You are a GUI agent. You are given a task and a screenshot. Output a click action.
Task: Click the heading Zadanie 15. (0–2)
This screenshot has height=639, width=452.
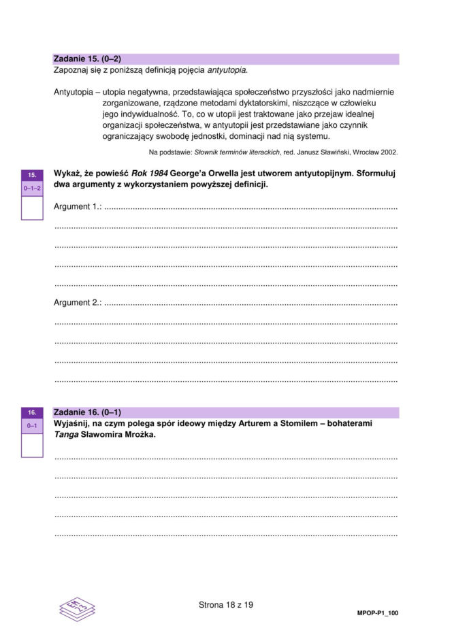click(87, 59)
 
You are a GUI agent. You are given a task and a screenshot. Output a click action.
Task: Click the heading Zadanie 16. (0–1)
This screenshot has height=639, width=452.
click(87, 412)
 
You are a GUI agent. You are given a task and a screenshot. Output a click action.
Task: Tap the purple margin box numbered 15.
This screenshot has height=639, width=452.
click(32, 175)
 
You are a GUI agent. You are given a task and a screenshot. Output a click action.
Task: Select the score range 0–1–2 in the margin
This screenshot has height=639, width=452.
click(32, 187)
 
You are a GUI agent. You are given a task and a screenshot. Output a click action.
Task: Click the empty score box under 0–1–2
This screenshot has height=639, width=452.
click(32, 207)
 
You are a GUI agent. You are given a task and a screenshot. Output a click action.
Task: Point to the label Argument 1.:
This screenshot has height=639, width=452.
click(77, 207)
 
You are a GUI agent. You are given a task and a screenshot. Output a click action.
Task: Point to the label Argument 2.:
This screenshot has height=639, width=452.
click(77, 302)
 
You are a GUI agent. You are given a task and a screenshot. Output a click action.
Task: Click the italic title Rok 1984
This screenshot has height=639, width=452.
click(149, 174)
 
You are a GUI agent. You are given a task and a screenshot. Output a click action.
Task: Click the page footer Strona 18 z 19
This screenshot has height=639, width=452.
click(226, 604)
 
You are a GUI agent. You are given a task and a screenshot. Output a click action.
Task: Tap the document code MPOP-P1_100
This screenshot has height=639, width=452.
click(378, 613)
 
